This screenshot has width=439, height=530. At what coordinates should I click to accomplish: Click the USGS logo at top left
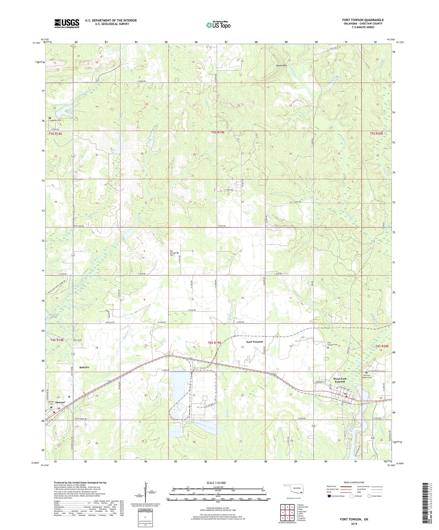pos(67,23)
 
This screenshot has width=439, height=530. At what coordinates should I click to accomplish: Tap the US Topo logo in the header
pos(218,25)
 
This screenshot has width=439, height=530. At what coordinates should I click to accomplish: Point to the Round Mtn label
pos(281,66)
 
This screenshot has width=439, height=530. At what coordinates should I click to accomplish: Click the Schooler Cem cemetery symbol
pos(50,118)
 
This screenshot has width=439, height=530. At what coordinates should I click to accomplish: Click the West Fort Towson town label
pos(339,380)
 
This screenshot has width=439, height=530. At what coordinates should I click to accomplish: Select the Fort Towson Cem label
pos(332,344)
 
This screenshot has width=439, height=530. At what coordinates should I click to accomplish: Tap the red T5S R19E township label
pos(218,133)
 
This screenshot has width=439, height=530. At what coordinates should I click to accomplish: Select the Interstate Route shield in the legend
pos(329,496)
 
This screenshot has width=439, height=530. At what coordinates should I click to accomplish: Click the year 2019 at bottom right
pos(354,524)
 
